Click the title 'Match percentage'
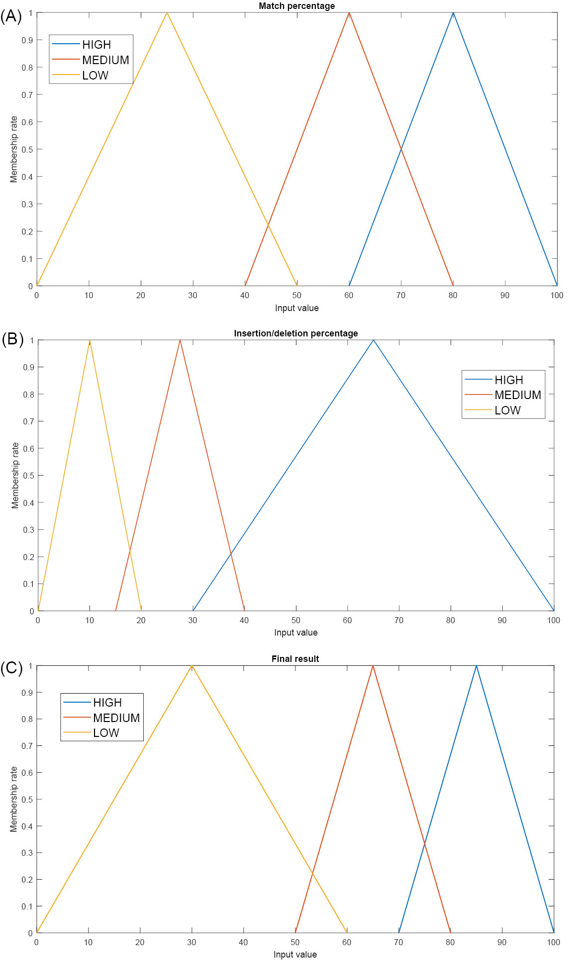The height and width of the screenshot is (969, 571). [296, 6]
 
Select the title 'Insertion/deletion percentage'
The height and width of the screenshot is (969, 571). [295, 333]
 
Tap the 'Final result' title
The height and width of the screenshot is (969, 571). [295, 659]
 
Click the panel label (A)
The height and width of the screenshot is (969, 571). [11, 16]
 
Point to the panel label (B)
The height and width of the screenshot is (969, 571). [12, 339]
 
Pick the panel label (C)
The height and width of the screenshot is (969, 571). [11, 668]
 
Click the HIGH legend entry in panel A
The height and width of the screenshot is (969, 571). [96, 45]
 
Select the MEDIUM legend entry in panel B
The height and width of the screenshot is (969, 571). [517, 395]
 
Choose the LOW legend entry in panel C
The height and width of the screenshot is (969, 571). [106, 733]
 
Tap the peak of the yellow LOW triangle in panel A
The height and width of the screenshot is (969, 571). [167, 12]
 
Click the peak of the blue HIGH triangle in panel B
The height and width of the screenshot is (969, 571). [374, 340]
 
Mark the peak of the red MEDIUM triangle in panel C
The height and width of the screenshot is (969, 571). [373, 665]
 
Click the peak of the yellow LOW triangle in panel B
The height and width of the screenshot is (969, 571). [90, 340]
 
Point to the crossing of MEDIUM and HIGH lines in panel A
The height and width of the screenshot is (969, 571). [401, 149]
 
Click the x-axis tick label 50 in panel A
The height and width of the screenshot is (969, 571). [297, 296]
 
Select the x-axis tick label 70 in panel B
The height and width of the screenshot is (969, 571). [399, 621]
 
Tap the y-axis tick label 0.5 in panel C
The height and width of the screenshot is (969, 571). [27, 800]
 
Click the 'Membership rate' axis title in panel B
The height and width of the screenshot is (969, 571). [15, 476]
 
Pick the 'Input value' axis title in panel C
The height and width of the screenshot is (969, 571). [295, 955]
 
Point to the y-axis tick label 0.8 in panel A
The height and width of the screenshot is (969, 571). [27, 68]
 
